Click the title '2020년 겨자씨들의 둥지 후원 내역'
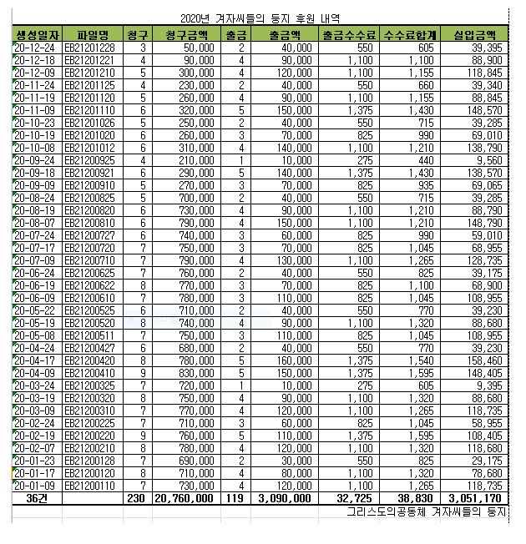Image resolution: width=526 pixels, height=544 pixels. tap(266, 18)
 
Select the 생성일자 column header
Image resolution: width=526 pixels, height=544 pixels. tap(38, 35)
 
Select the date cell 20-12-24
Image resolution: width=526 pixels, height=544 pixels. tap(38, 48)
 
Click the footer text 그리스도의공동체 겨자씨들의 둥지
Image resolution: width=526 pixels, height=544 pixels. tap(428, 510)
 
